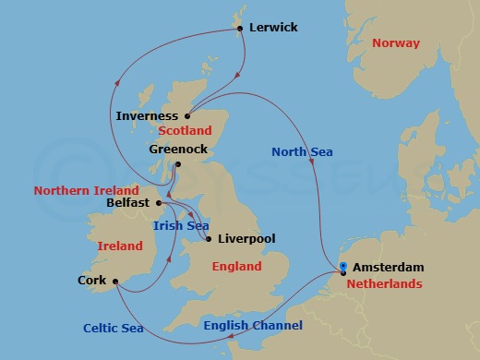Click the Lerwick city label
coord(273,28)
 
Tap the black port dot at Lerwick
coord(240,29)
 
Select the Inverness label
coord(148,116)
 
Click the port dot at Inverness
coord(187,116)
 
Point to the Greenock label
coord(177,148)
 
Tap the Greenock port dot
coord(178,165)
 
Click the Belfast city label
coord(127,202)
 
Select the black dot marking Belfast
coord(159,202)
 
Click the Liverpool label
coord(247,239)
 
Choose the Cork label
coord(91,281)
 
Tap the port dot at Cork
coord(115,282)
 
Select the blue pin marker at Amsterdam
coord(343,269)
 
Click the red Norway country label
coord(396,43)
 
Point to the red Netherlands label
coord(386,284)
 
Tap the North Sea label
coord(302,151)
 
